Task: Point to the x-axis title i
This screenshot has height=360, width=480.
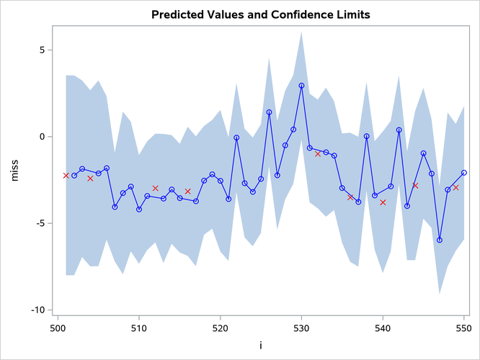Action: [260, 346]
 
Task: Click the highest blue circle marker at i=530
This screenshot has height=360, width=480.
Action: [301, 85]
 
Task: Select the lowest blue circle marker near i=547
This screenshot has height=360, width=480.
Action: [440, 240]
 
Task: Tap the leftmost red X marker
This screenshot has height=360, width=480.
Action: [66, 176]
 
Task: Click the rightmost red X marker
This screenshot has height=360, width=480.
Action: [455, 188]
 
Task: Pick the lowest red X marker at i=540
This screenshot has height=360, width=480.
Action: [383, 202]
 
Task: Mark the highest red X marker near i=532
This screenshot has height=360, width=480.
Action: [318, 153]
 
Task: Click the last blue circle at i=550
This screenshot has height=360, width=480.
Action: [464, 173]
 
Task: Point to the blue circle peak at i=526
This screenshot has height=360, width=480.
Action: [269, 112]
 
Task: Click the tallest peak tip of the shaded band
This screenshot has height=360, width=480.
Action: [301, 32]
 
